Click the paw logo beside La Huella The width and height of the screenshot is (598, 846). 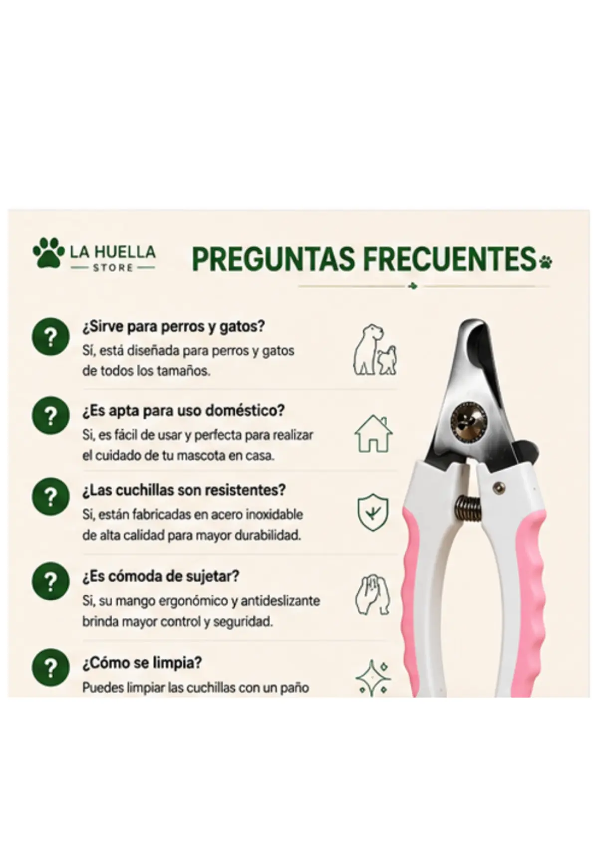click(49, 252)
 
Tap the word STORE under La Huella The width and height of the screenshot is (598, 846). click(113, 268)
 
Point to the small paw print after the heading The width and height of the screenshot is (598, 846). click(546, 260)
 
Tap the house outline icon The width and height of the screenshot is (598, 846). click(373, 433)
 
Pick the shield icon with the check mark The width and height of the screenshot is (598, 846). click(373, 512)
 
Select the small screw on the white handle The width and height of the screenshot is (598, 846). click(498, 487)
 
